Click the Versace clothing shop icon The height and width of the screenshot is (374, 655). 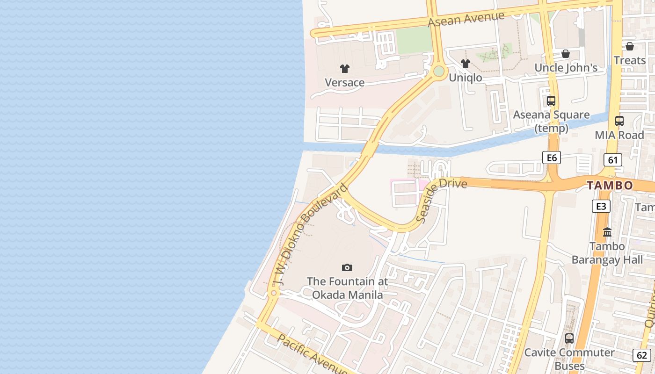(345, 69)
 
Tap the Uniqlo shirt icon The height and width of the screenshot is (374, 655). (465, 64)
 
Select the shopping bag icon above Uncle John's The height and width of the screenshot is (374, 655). (566, 54)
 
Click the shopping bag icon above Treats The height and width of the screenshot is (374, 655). (630, 46)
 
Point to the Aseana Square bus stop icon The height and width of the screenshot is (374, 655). (551, 101)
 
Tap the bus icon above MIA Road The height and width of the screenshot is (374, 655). (619, 121)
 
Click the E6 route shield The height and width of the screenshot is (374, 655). (552, 158)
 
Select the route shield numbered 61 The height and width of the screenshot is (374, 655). (613, 160)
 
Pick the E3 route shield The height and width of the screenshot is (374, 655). (601, 206)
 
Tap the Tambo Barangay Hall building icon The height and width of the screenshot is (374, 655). (607, 232)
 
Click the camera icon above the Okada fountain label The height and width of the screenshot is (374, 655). (347, 267)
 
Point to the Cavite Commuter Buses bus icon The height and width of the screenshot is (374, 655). (569, 338)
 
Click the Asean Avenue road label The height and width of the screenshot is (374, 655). (466, 19)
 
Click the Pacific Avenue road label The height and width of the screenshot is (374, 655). (312, 354)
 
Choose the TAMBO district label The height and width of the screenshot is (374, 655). (610, 186)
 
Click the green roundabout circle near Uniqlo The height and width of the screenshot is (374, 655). (438, 71)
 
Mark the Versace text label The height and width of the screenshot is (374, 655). (345, 83)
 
